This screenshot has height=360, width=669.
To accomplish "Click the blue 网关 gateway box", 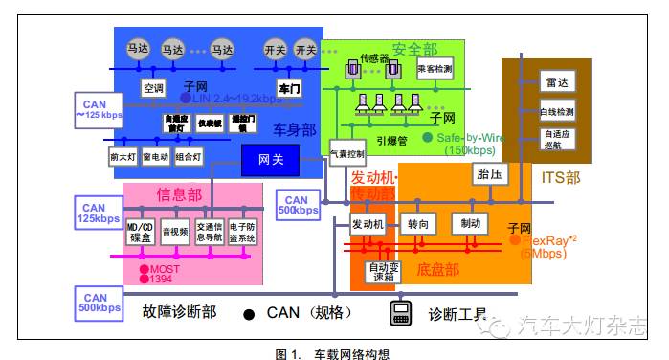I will coord(271,160).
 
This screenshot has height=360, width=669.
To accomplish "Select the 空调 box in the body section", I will coord(153,89).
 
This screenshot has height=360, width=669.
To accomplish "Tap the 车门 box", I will coord(289,89).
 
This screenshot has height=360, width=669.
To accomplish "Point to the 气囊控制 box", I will coord(347,153).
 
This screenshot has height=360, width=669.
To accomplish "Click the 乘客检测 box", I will coord(435,70).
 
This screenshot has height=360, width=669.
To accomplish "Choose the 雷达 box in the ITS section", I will coord(556,83).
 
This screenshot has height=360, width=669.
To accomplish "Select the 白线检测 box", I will coord(556,111).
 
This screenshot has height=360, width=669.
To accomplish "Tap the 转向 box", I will coord(418,224).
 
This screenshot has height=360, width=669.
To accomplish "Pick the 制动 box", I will coord(470,224).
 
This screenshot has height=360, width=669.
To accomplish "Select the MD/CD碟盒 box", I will coord(140,232).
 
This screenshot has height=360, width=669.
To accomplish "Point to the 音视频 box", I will coord(174,232).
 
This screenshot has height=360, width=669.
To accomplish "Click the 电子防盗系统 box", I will coord(243,232).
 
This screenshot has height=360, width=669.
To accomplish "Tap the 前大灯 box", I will coord(123,156).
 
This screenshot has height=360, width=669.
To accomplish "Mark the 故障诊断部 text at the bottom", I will coord(180,312).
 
